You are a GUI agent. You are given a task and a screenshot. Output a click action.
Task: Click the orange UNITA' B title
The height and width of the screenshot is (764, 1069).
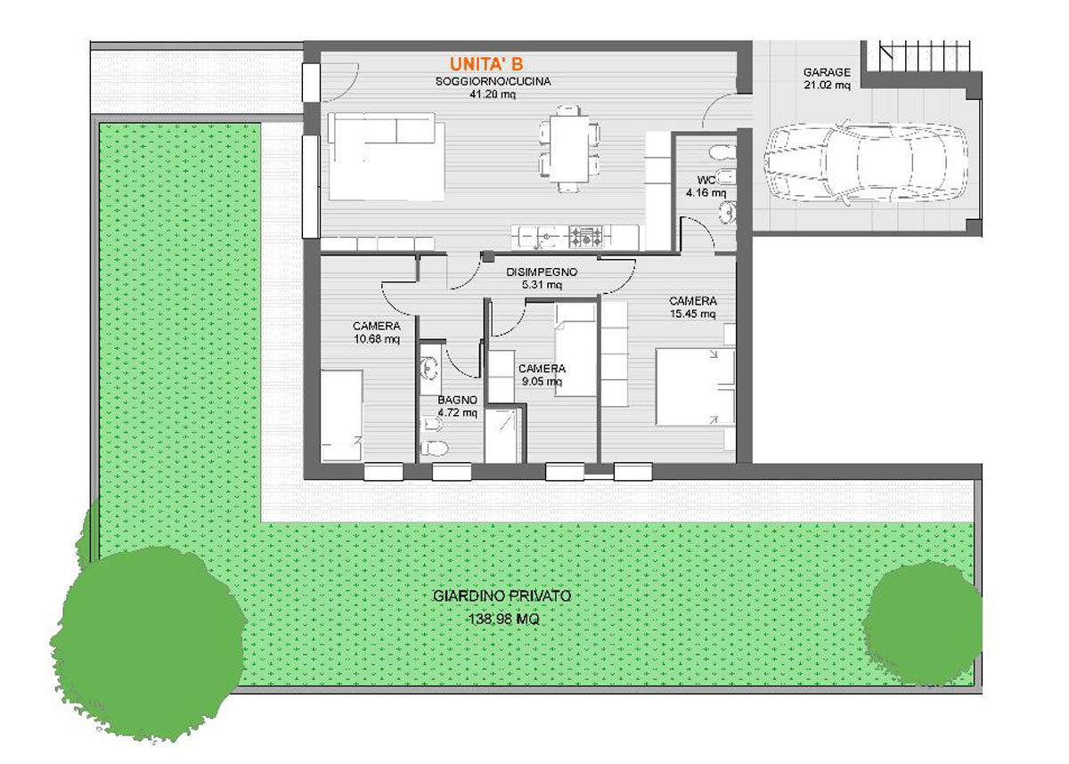pyautogui.click(x=486, y=64)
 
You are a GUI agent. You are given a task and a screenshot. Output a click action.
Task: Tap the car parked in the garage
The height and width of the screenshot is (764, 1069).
pyautogui.click(x=866, y=162)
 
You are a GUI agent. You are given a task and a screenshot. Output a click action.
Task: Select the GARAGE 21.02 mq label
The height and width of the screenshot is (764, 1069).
pyautogui.click(x=827, y=78)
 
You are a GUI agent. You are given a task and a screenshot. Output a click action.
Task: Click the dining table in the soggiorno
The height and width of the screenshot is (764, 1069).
pyautogui.click(x=569, y=149)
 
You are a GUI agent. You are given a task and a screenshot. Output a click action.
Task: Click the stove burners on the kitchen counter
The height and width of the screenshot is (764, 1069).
pyautogui.click(x=587, y=237)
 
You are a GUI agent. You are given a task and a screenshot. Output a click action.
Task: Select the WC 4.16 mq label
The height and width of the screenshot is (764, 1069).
pyautogui.click(x=706, y=186)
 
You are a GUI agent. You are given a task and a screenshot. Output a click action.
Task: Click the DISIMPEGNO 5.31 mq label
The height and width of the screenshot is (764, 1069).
pyautogui.click(x=542, y=279)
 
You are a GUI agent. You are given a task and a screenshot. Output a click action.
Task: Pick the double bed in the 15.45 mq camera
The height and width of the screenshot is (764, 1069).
pyautogui.click(x=696, y=386)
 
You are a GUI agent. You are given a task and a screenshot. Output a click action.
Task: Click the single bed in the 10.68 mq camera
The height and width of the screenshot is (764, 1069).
pyautogui.click(x=341, y=415)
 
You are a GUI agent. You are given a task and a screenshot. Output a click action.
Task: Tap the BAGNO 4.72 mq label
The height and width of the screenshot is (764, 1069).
pyautogui.click(x=457, y=406)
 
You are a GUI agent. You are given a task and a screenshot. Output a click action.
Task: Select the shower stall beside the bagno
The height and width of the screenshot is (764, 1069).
pyautogui.click(x=502, y=435)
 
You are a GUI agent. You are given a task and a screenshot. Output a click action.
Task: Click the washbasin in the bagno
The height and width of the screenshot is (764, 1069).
pyautogui.click(x=430, y=368)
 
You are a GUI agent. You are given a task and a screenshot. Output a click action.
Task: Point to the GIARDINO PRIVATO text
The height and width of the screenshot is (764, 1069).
pyautogui.click(x=502, y=596)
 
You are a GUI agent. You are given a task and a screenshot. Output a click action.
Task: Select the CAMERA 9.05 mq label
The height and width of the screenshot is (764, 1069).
pyautogui.click(x=542, y=375)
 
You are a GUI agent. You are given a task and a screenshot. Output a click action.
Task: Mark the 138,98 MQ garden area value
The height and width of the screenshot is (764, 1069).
pyautogui.click(x=504, y=620)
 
